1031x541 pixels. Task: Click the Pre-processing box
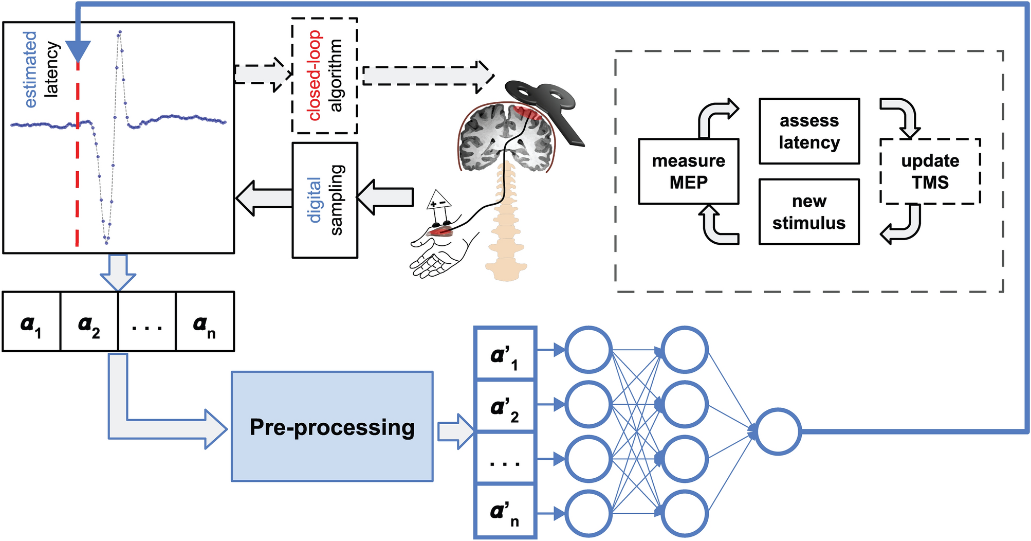click(332, 426)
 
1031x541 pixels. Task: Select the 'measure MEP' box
click(688, 171)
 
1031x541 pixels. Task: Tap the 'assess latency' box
click(809, 131)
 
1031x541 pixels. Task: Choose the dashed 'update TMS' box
click(930, 171)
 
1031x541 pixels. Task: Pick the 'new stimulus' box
click(809, 211)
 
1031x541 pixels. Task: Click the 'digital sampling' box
click(325, 200)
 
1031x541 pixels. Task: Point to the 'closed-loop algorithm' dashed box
click(324, 76)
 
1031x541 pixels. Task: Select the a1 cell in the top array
click(31, 322)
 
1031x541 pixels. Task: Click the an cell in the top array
click(205, 322)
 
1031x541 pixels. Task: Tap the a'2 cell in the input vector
click(505, 406)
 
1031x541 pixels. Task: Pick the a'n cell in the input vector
click(505, 512)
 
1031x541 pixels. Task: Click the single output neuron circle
click(778, 431)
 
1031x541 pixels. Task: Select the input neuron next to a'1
click(588, 350)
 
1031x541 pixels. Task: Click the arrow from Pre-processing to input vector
click(455, 431)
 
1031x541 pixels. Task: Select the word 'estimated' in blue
click(31, 69)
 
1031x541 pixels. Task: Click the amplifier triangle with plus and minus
click(438, 201)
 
